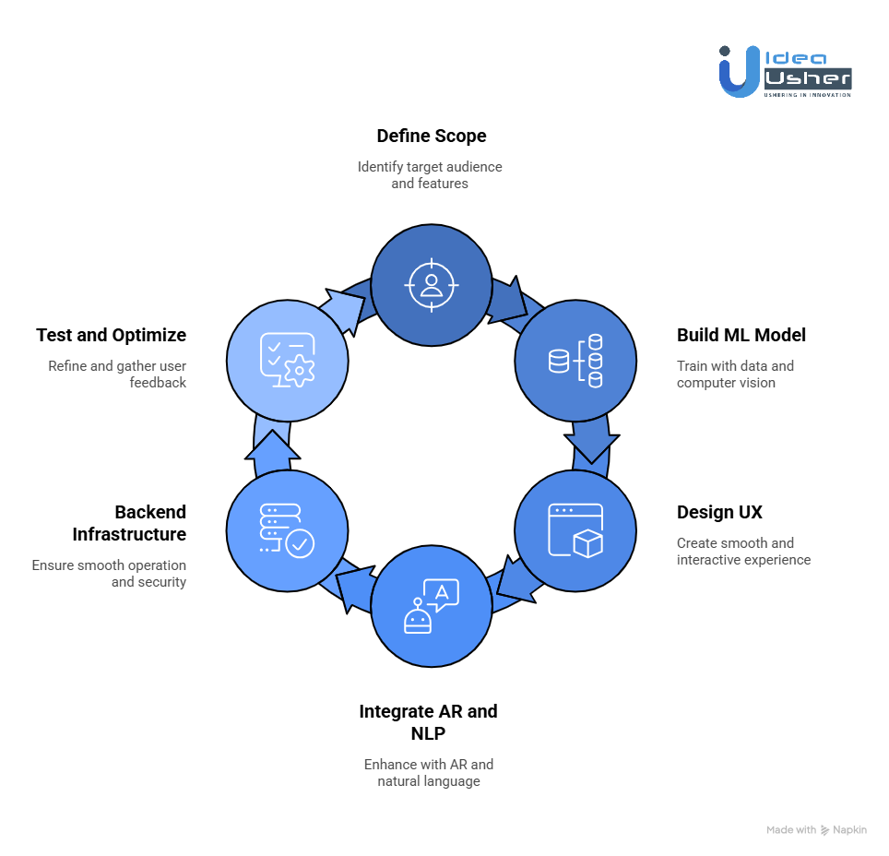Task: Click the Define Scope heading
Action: pyautogui.click(x=431, y=137)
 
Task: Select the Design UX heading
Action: pyautogui.click(x=719, y=512)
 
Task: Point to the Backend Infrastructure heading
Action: pyautogui.click(x=129, y=523)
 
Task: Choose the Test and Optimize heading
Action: pyautogui.click(x=111, y=335)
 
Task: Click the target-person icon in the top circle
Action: pyautogui.click(x=431, y=282)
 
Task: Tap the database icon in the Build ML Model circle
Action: pyautogui.click(x=575, y=361)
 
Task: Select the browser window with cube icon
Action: pyautogui.click(x=575, y=530)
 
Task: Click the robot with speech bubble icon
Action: pyautogui.click(x=431, y=606)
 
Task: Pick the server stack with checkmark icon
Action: pyautogui.click(x=287, y=529)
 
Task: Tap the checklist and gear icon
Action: pyautogui.click(x=287, y=360)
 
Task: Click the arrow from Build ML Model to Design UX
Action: pyautogui.click(x=591, y=442)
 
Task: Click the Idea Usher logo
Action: pyautogui.click(x=785, y=71)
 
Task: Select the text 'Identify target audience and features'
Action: pyautogui.click(x=430, y=175)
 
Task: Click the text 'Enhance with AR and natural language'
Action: pyautogui.click(x=429, y=773)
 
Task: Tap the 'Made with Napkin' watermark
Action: pyautogui.click(x=816, y=830)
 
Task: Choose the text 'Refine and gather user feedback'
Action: pyautogui.click(x=117, y=374)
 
